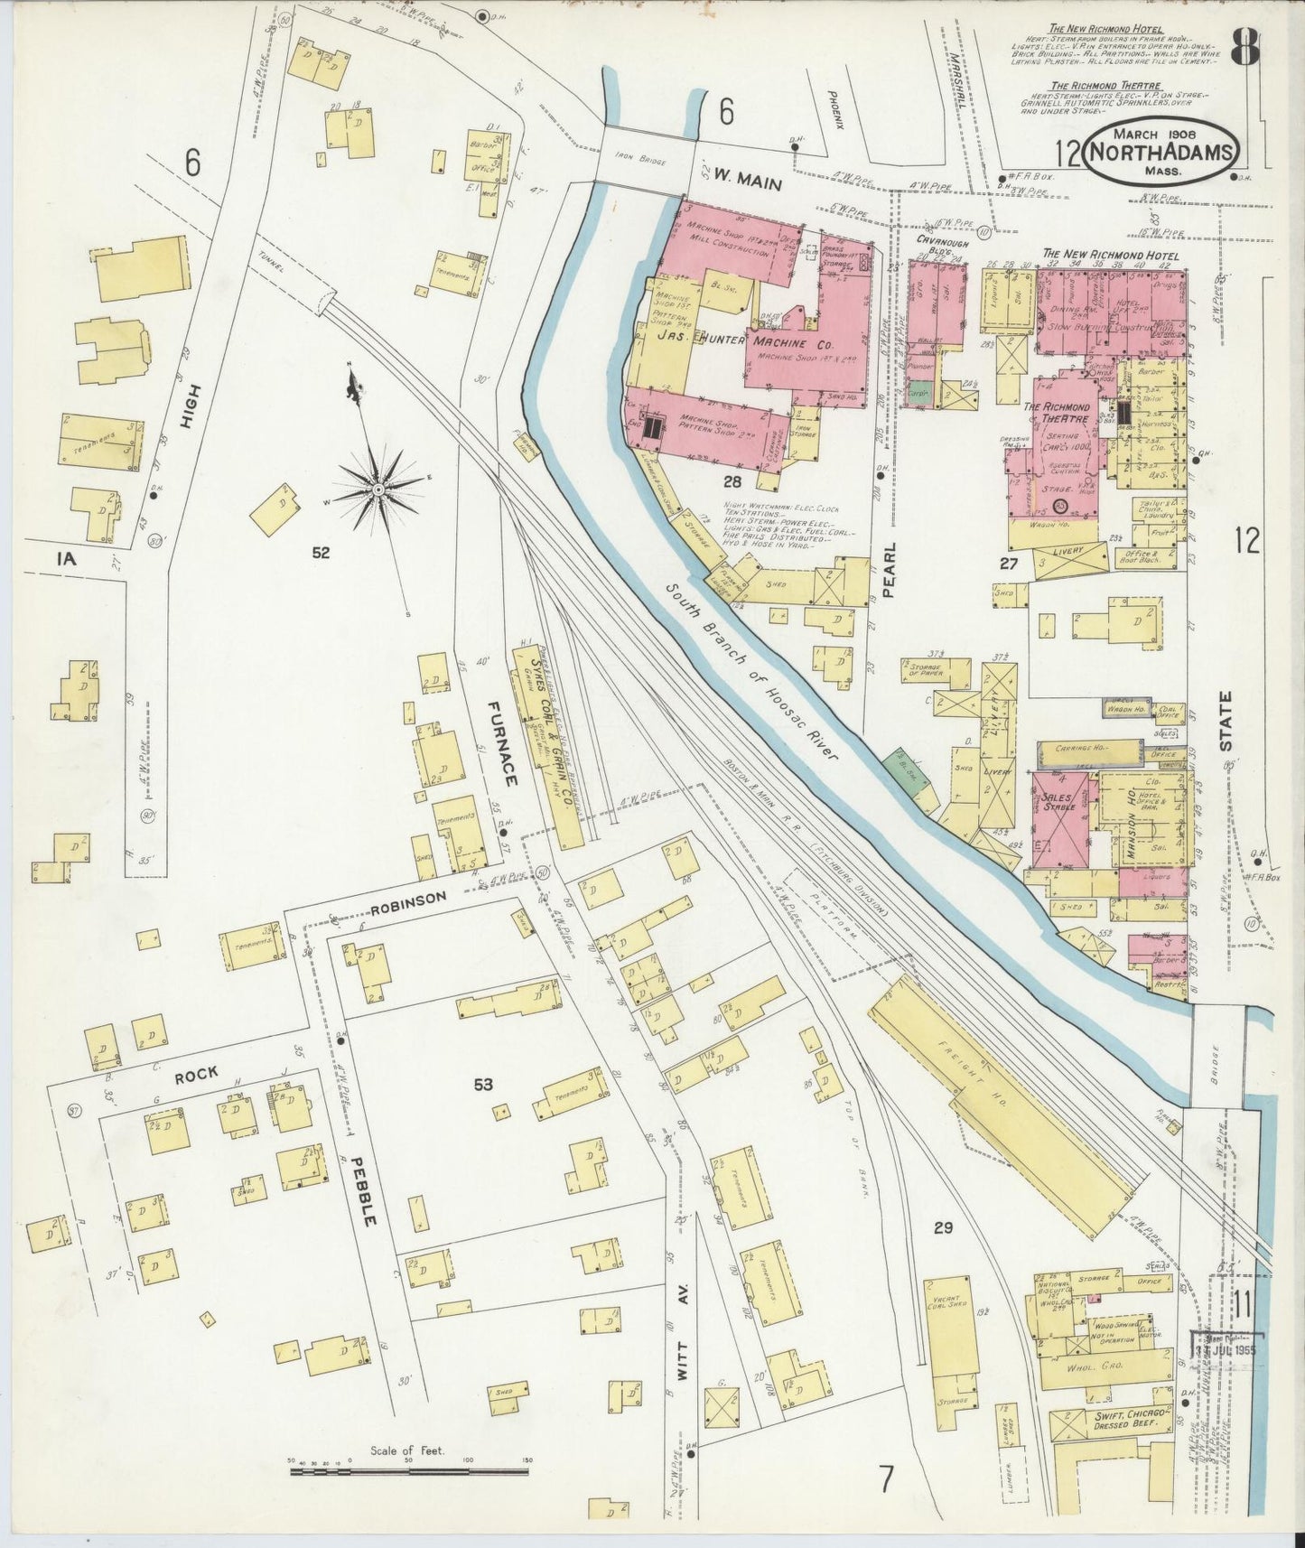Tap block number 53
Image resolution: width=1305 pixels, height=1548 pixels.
point(483,1083)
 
